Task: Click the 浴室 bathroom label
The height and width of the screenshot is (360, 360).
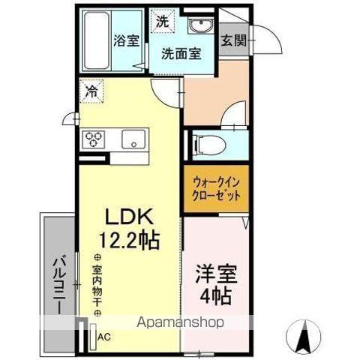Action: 126,41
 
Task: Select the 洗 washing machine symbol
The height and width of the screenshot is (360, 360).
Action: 162,21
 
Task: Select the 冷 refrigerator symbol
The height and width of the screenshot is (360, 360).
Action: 90,94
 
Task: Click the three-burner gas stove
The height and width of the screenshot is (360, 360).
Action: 94,139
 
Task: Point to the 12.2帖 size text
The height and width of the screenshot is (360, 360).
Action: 129,241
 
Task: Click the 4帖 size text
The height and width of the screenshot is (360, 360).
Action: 215,294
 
